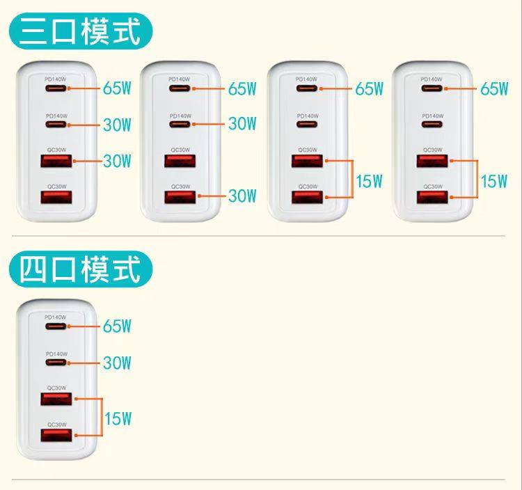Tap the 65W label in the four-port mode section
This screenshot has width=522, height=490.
coord(117,326)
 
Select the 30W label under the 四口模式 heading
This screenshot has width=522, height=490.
coord(117,363)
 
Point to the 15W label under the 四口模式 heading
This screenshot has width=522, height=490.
coord(118,418)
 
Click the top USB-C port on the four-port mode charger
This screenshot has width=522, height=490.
coord(56,326)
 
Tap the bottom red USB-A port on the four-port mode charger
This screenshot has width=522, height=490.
coord(56,436)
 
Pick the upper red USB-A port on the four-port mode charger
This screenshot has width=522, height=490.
coord(56,400)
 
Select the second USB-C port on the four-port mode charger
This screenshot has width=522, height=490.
coord(56,363)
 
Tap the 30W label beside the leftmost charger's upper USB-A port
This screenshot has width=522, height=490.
coord(117,161)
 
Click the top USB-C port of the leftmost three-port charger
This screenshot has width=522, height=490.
coord(56,88)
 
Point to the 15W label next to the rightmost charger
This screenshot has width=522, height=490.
coord(493,181)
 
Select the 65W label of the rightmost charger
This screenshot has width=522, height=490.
coord(494,88)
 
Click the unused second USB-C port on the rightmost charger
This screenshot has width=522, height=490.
coord(432,125)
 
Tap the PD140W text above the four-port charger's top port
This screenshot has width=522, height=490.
coord(56,317)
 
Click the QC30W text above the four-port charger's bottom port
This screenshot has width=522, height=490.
coord(56,425)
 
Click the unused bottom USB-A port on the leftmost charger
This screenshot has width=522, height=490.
coord(56,198)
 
